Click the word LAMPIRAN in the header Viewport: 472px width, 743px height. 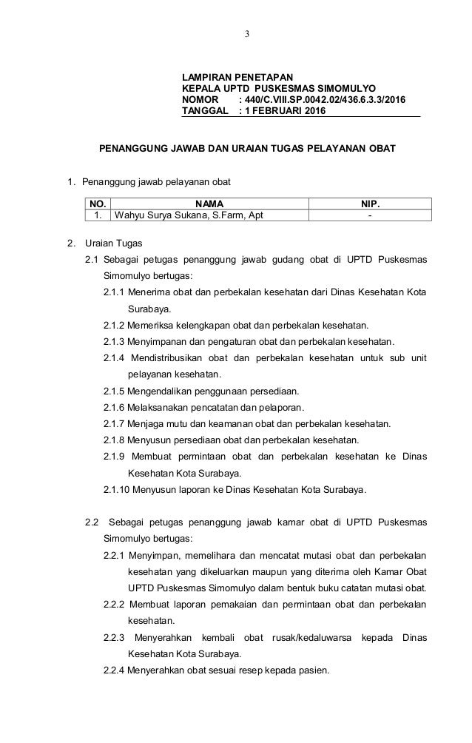[209, 76]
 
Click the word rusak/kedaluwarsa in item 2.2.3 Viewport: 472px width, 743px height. [306, 637]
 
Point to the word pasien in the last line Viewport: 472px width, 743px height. [316, 670]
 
